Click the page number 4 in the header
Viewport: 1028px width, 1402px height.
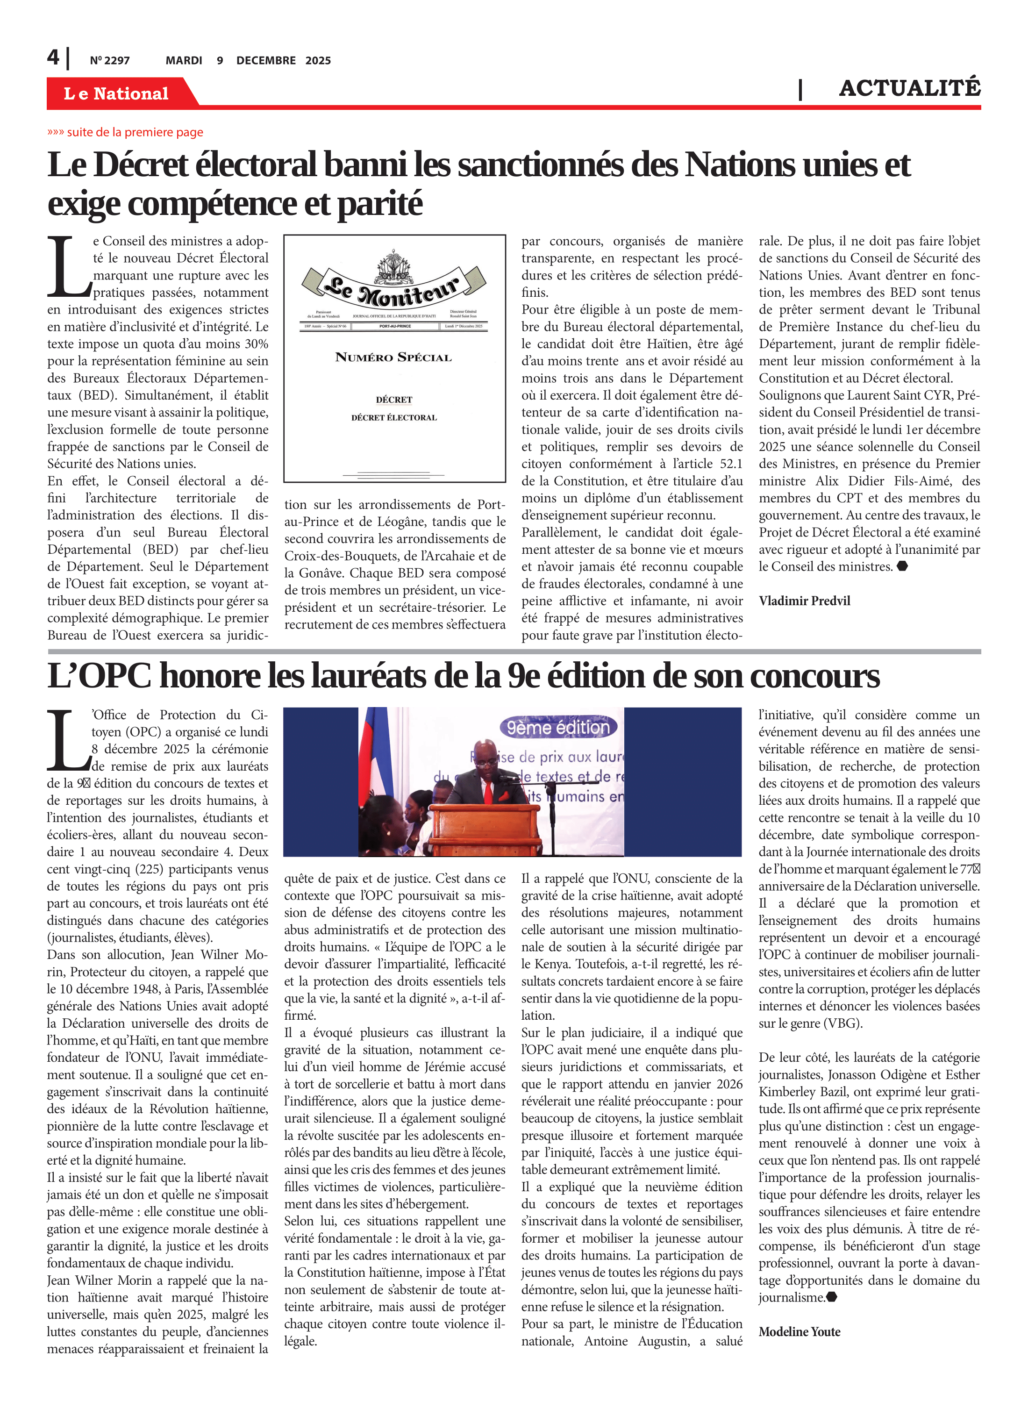pos(53,58)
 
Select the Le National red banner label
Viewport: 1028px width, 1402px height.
pos(116,93)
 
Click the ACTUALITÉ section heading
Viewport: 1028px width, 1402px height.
pos(909,88)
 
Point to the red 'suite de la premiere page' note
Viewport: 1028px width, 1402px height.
pos(125,132)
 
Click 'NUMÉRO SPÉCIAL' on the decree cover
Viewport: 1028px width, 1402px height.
pos(393,357)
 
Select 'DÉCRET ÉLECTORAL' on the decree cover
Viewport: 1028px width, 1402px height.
pos(394,417)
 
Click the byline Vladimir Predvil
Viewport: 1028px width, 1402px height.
pos(804,601)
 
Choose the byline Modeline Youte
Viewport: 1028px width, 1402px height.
pos(799,1332)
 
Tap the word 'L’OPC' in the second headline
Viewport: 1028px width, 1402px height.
pos(100,676)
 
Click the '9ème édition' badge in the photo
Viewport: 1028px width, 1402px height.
pos(558,728)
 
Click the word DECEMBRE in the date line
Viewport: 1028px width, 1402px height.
pos(266,60)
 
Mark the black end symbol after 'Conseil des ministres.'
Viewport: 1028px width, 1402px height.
pos(902,566)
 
